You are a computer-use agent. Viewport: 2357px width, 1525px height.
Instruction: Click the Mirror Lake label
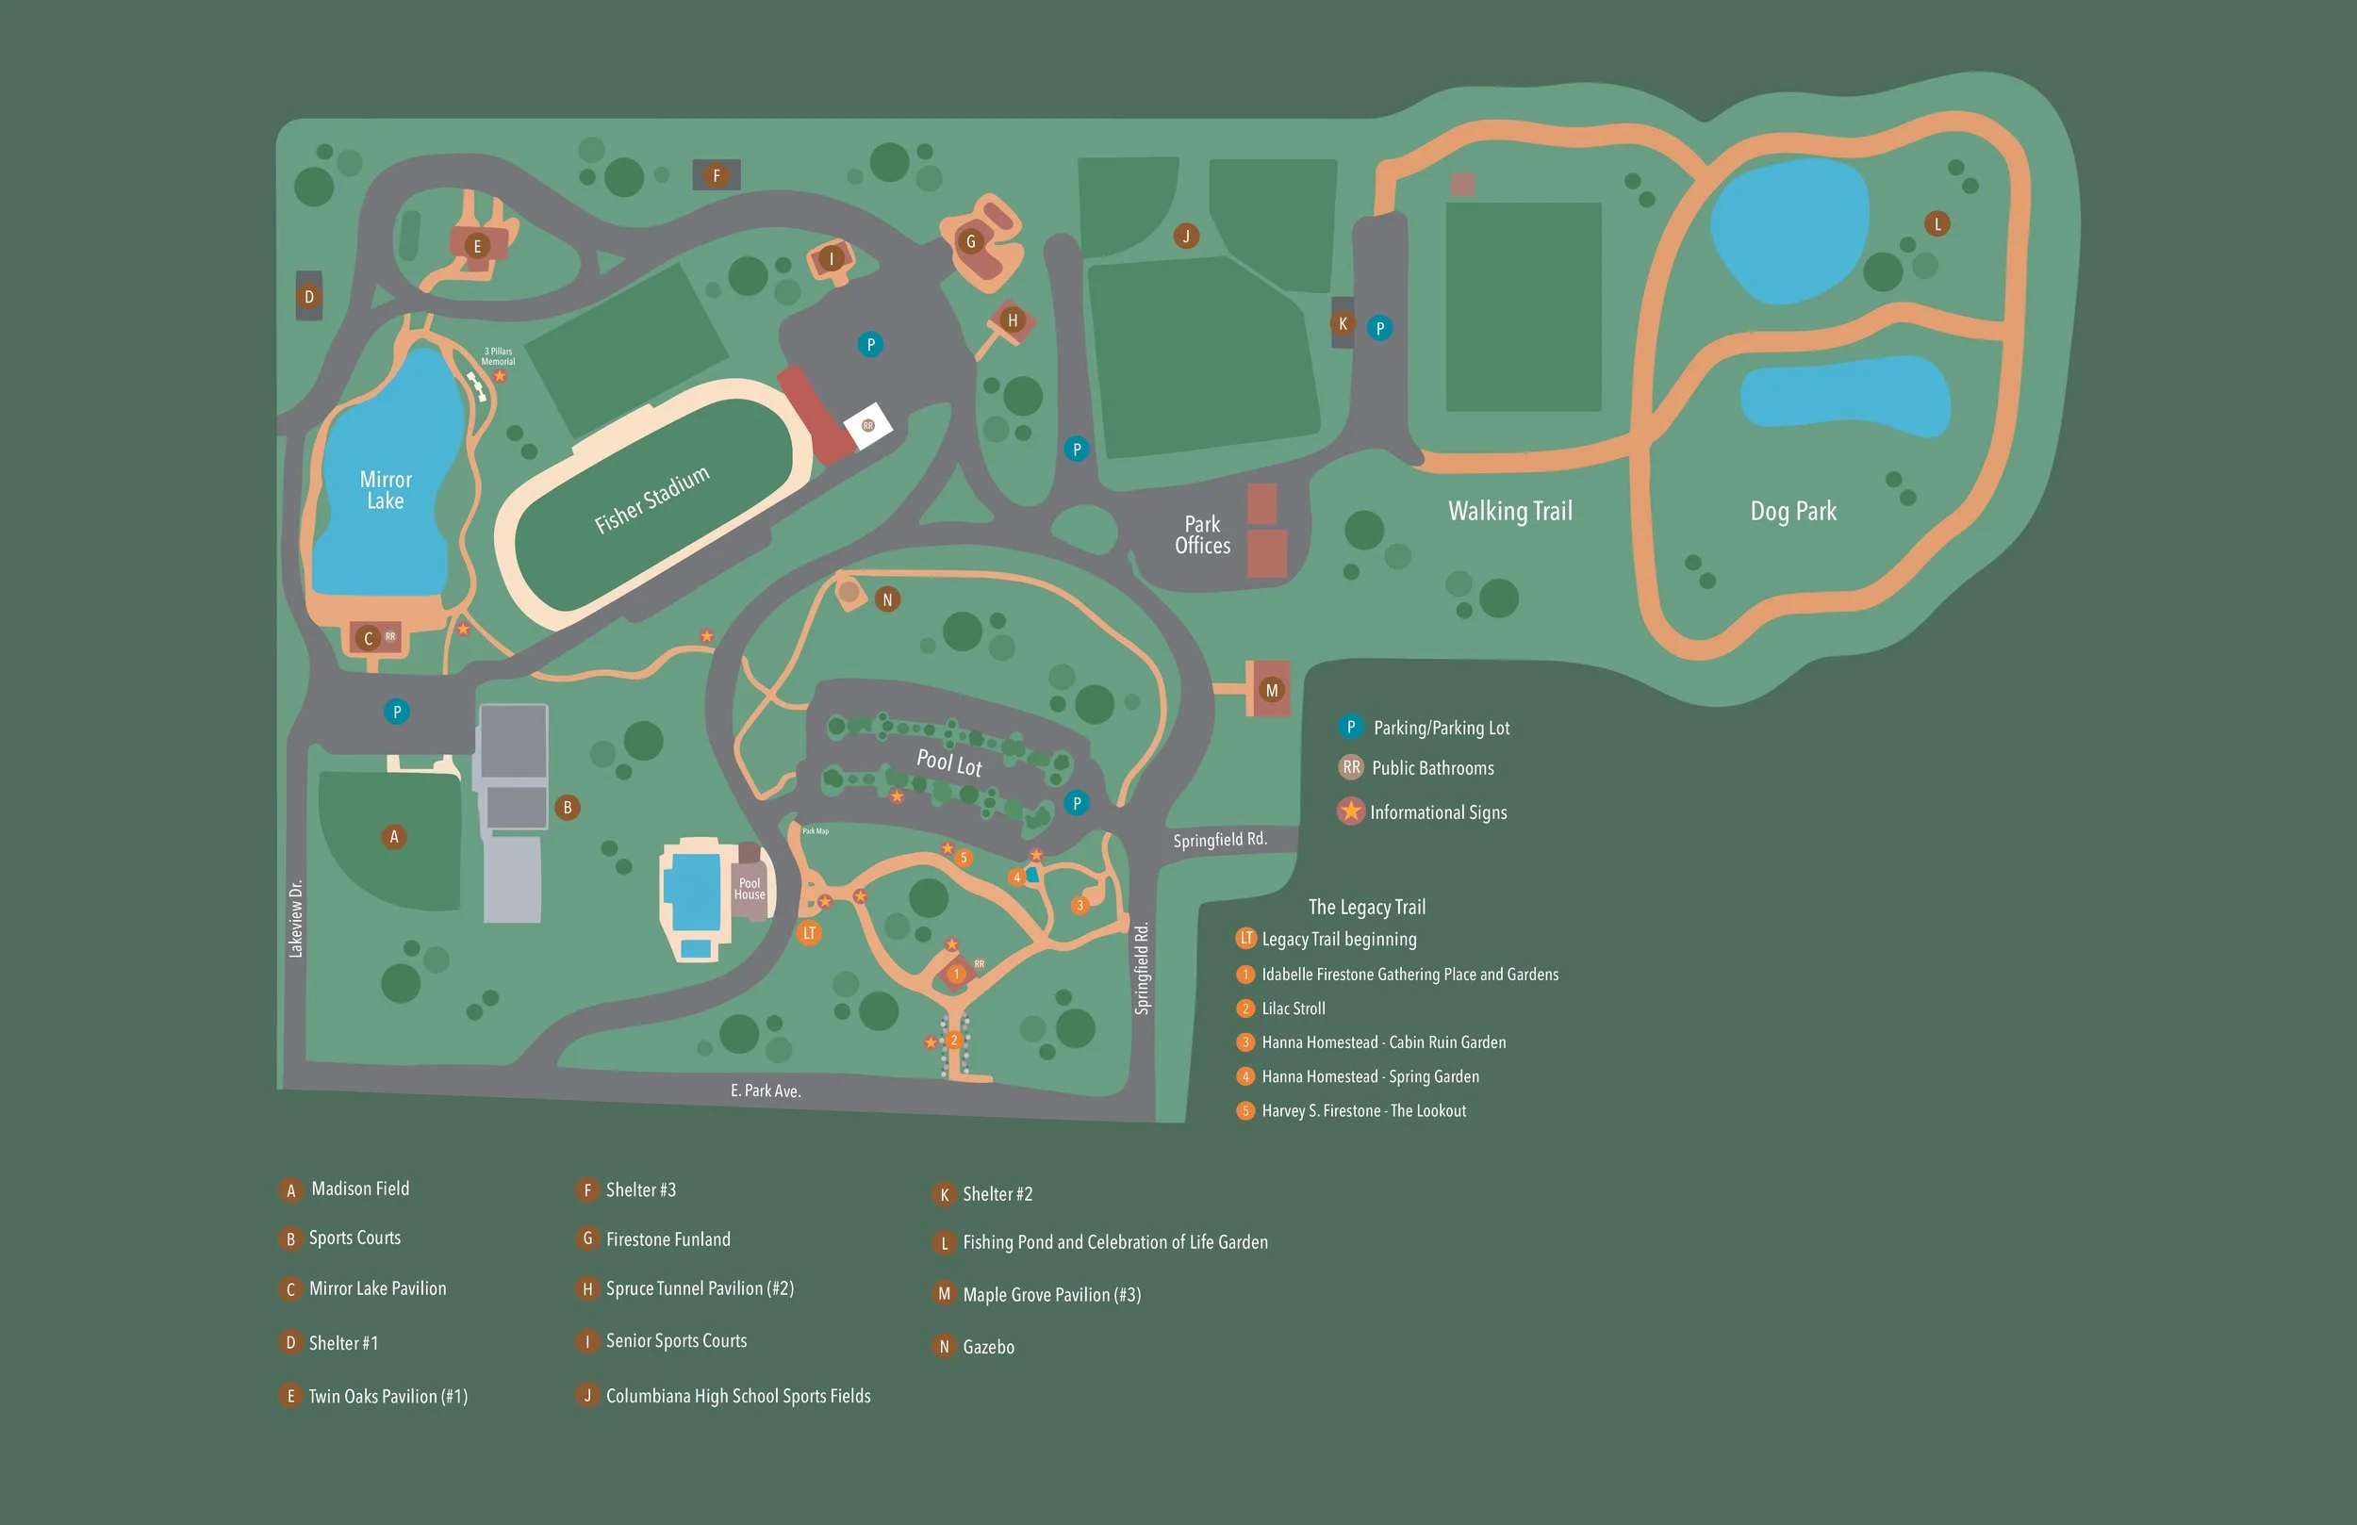point(386,490)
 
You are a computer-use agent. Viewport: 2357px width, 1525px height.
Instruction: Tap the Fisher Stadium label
point(651,500)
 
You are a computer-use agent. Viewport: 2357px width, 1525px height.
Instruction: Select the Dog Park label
point(1792,511)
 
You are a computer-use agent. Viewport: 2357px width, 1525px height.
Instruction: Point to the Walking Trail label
point(1509,511)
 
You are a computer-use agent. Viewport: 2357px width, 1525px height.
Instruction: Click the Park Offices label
point(1202,534)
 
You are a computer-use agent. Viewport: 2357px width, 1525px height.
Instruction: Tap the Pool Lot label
point(948,762)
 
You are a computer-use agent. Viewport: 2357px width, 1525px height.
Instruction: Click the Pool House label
point(750,888)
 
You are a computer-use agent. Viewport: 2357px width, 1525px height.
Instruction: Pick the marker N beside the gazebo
point(887,599)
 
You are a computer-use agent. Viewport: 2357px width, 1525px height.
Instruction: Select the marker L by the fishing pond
point(1937,223)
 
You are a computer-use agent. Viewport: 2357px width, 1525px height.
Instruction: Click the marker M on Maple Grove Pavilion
point(1272,690)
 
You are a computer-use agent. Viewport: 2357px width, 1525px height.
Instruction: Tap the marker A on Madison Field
point(394,837)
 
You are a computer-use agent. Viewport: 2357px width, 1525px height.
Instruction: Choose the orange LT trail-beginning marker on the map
point(809,933)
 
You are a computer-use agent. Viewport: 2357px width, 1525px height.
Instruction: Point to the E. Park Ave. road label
point(766,1090)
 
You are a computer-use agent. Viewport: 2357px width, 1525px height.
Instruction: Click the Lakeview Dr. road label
point(295,918)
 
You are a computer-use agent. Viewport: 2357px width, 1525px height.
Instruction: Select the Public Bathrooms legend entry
point(1432,767)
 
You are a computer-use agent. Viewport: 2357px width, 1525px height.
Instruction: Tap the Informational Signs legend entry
point(1437,812)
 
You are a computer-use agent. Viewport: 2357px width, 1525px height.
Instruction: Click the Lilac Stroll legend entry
point(1293,1008)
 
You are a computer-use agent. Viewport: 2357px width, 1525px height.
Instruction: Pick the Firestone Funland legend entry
point(668,1238)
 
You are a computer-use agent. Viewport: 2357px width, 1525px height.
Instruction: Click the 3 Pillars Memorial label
point(498,356)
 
